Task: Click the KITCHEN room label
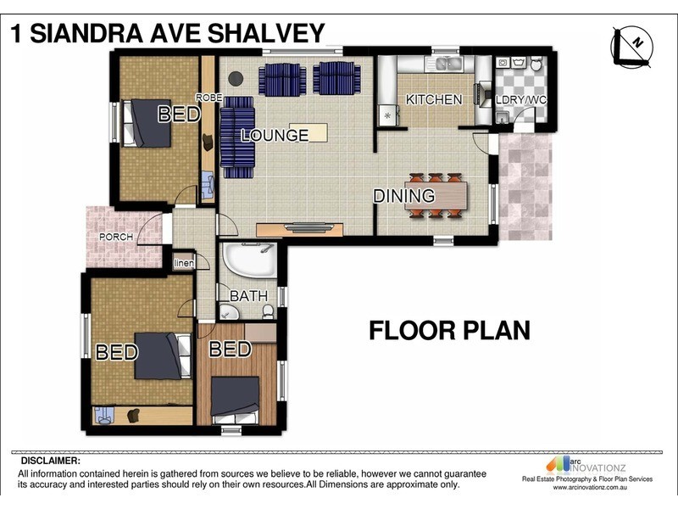tap(434, 99)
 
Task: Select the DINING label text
tap(404, 196)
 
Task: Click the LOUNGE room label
tap(274, 135)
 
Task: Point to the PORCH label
tap(116, 237)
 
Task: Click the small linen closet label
tap(184, 263)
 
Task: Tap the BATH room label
tap(249, 296)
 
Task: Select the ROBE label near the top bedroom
tap(209, 98)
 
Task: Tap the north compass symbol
tap(631, 44)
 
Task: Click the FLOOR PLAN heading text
tap(449, 330)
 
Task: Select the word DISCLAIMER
tap(49, 461)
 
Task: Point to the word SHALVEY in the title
tap(264, 33)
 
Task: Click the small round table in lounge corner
tap(236, 79)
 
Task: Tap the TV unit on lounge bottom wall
tap(300, 227)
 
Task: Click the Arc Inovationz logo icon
tap(559, 463)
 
